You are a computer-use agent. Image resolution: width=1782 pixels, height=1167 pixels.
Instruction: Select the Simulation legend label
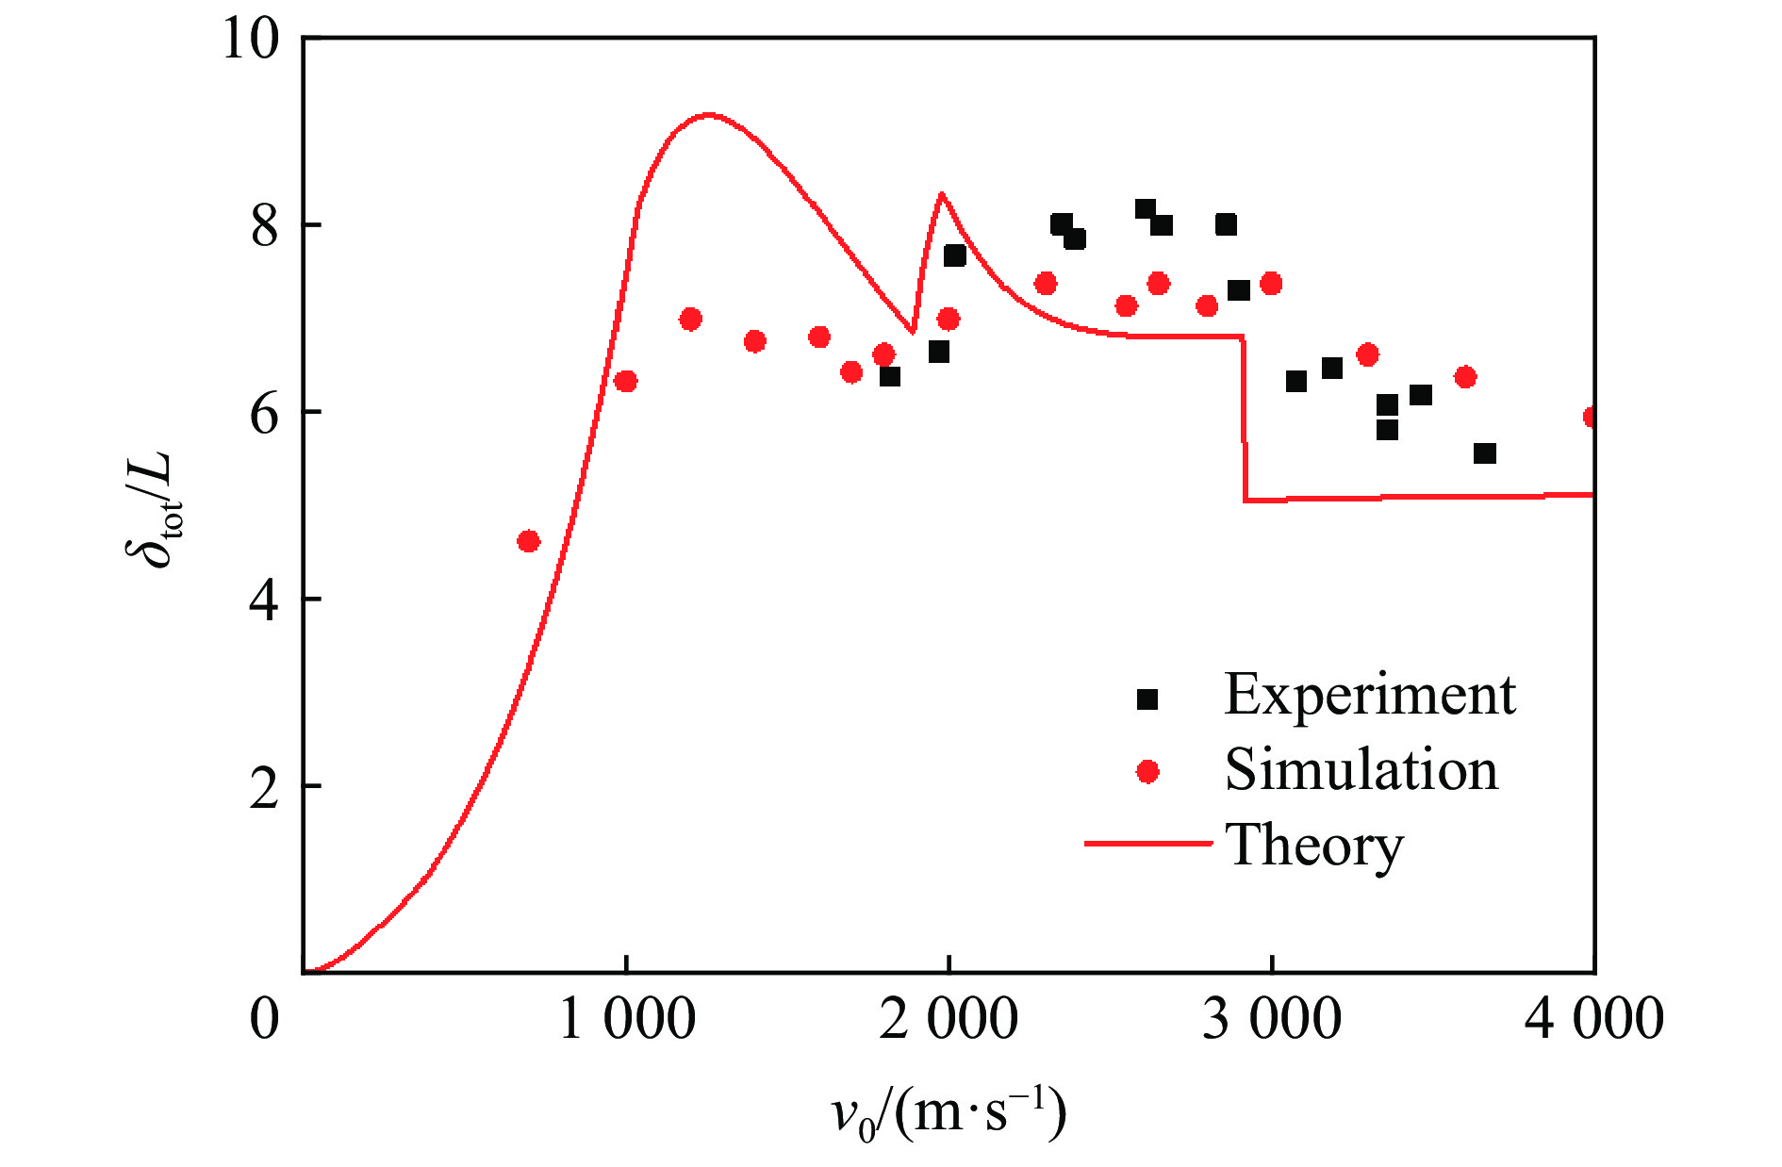pyautogui.click(x=1361, y=770)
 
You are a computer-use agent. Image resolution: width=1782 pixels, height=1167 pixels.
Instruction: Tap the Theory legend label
pyautogui.click(x=1313, y=845)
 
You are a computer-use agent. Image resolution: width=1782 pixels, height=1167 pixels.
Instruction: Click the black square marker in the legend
pyautogui.click(x=1147, y=699)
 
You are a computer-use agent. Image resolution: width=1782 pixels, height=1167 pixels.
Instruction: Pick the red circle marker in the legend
pyautogui.click(x=1147, y=772)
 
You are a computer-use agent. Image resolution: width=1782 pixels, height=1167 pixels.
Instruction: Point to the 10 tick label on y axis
pyautogui.click(x=251, y=40)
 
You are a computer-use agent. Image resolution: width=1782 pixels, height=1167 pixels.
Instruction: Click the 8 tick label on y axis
pyautogui.click(x=265, y=226)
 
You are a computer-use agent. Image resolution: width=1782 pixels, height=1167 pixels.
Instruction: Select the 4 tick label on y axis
pyautogui.click(x=265, y=600)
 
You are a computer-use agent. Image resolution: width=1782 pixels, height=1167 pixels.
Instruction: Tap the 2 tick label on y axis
pyautogui.click(x=265, y=786)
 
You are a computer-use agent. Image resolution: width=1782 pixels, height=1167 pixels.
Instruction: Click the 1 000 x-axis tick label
pyautogui.click(x=627, y=1020)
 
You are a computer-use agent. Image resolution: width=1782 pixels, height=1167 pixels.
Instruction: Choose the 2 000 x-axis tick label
pyautogui.click(x=949, y=1020)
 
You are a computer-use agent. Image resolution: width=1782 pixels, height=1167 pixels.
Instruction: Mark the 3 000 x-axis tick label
pyautogui.click(x=1272, y=1020)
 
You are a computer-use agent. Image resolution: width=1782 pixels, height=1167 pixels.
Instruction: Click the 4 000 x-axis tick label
pyautogui.click(x=1593, y=1020)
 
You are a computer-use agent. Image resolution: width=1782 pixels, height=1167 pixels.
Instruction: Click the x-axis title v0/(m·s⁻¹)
pyautogui.click(x=949, y=1115)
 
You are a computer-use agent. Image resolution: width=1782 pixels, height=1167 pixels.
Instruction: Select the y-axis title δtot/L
pyautogui.click(x=151, y=509)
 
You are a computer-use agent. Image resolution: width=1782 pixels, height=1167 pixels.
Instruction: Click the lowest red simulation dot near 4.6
pyautogui.click(x=528, y=541)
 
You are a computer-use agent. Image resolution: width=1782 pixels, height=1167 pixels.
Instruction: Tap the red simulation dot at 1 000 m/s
pyautogui.click(x=625, y=381)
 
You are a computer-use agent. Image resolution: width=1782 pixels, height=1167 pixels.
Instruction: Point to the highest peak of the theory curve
pyautogui.click(x=707, y=115)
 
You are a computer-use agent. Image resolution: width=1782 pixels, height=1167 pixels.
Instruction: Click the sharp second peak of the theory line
pyautogui.click(x=941, y=194)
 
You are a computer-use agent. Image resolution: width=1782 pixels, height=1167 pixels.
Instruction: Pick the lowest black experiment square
pyautogui.click(x=1484, y=453)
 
